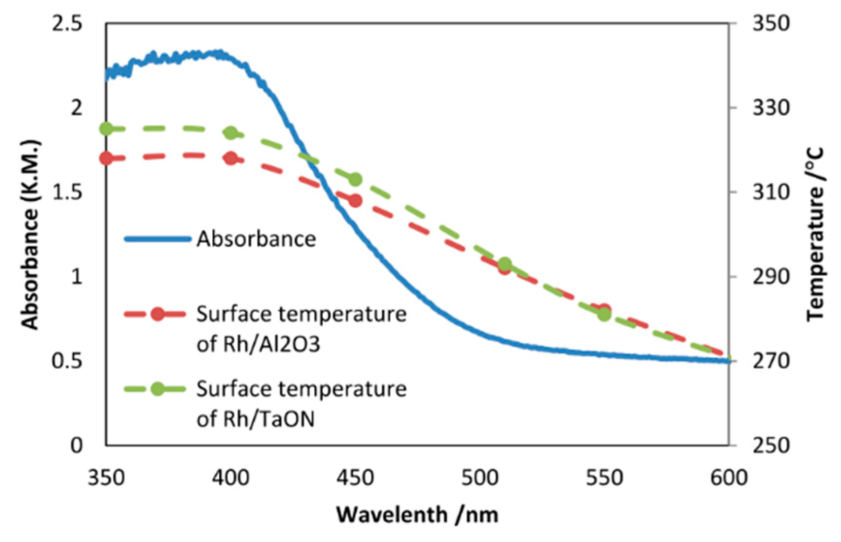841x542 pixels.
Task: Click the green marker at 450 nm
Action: pos(355,179)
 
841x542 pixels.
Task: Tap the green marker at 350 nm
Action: pos(106,129)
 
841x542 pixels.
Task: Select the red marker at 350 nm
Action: pos(106,158)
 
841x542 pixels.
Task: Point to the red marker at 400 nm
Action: pos(231,158)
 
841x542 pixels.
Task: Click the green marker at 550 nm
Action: pos(604,315)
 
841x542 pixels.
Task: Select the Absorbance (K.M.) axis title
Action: pos(30,235)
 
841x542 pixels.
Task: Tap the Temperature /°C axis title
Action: pos(815,235)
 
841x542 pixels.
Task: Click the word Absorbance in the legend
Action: pos(256,239)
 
